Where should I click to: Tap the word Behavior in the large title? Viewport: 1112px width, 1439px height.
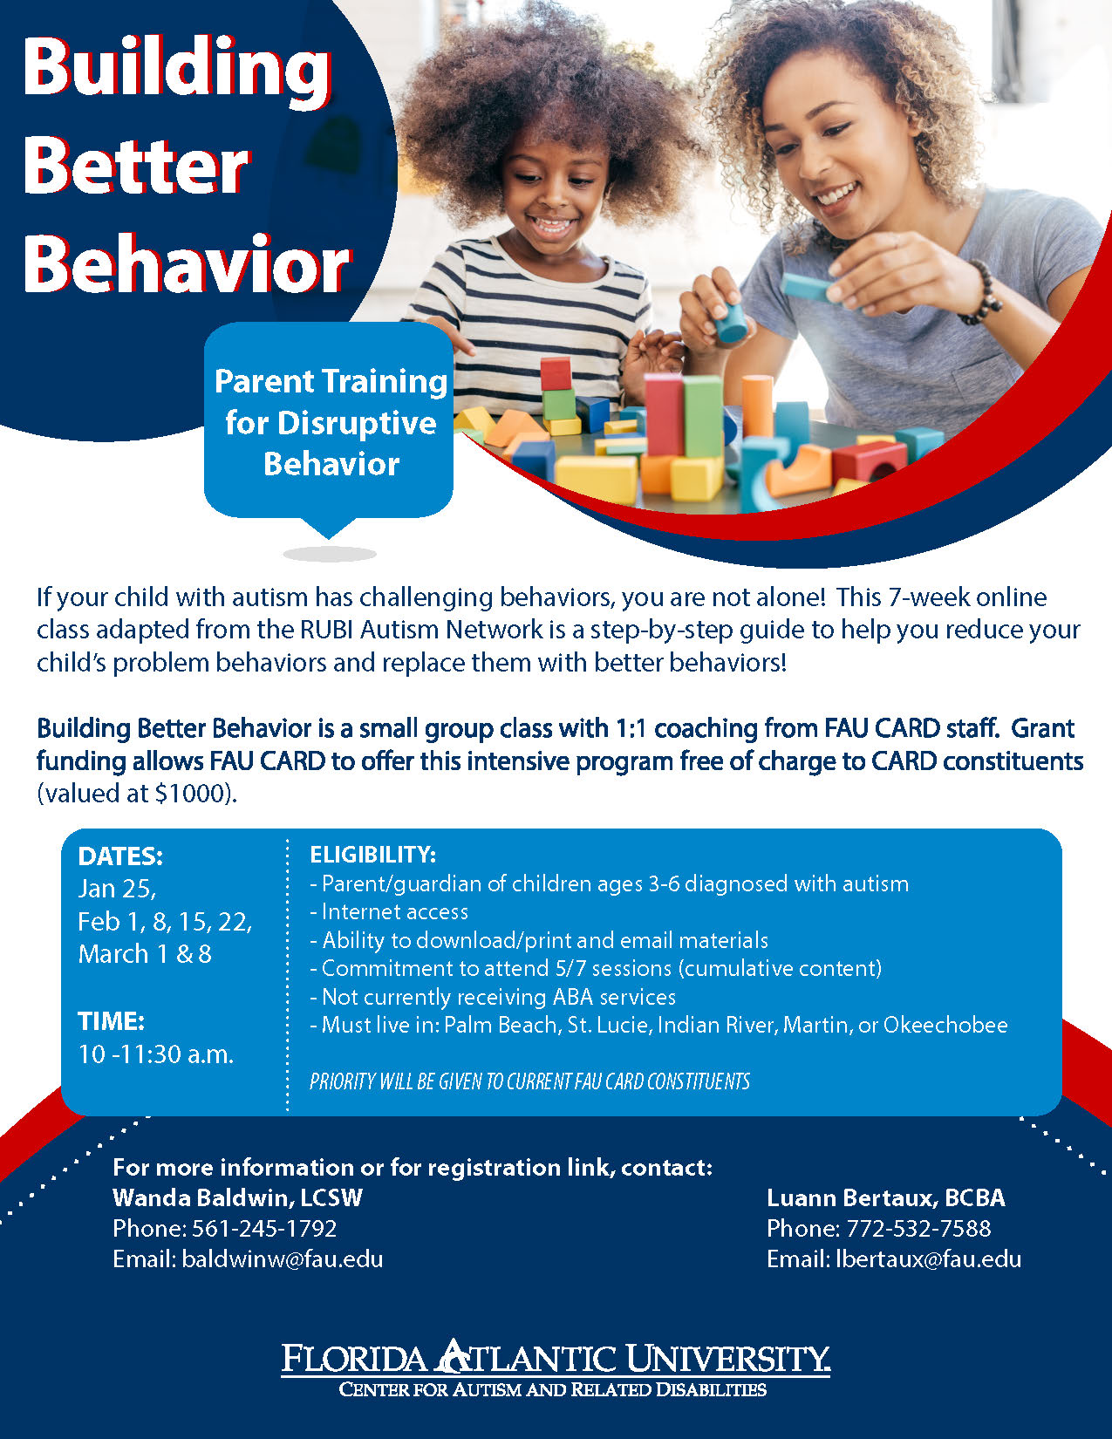click(x=187, y=263)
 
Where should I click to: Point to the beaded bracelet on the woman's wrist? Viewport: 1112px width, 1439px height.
click(x=981, y=292)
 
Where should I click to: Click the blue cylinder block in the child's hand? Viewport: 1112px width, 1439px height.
click(x=731, y=321)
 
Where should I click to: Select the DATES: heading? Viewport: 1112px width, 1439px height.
click(x=119, y=857)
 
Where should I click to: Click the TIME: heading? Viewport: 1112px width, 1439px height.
click(x=111, y=1021)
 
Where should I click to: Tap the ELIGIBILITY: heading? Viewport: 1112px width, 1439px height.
click(x=373, y=855)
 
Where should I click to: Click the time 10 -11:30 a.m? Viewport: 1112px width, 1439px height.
click(x=155, y=1054)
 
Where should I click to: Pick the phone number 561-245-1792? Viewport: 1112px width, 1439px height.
click(x=264, y=1229)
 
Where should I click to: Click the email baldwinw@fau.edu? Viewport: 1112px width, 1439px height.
click(x=283, y=1258)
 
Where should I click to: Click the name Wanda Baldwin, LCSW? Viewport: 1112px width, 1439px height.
click(x=238, y=1198)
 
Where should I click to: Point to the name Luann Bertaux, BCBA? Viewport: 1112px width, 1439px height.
click(x=886, y=1198)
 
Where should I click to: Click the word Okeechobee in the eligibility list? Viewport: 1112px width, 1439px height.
click(x=945, y=1025)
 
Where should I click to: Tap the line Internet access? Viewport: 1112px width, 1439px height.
click(x=390, y=912)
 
